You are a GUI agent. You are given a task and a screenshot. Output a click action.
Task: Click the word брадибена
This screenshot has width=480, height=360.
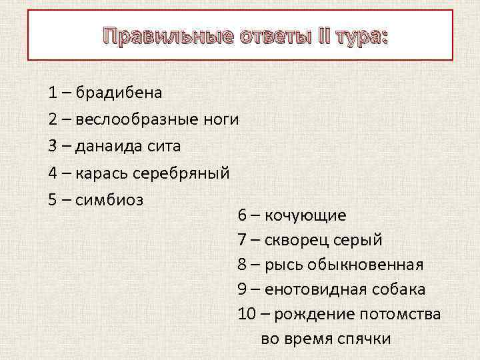pyautogui.click(x=119, y=93)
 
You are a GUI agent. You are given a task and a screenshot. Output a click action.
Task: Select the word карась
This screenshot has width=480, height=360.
pyautogui.click(x=102, y=173)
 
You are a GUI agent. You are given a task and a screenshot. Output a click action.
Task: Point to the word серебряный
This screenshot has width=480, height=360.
pyautogui.click(x=182, y=173)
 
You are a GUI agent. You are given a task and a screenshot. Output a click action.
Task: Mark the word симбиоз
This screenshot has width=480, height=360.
pyautogui.click(x=109, y=199)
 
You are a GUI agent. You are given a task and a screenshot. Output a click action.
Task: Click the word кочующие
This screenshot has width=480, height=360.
pyautogui.click(x=305, y=216)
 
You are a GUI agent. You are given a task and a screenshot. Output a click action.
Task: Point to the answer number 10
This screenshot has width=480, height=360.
pyautogui.click(x=245, y=313)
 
